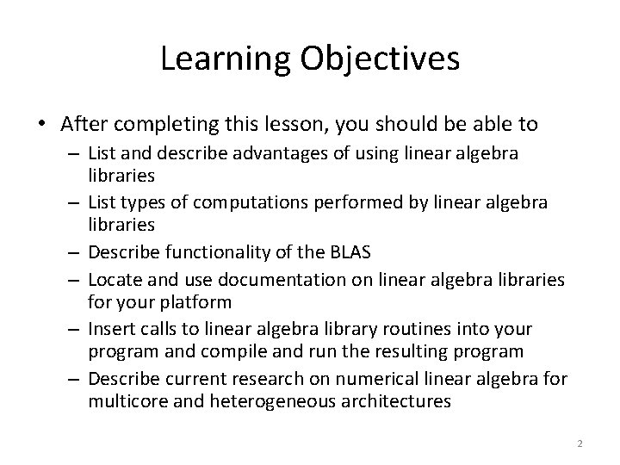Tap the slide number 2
580,443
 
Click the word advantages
248,153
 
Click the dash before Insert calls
76,329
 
